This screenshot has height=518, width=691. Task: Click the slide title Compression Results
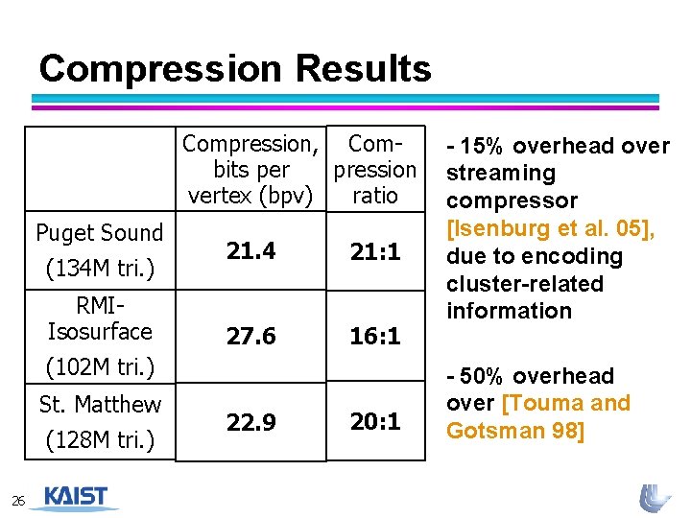[x=235, y=69]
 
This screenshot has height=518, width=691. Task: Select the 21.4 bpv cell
[x=250, y=251]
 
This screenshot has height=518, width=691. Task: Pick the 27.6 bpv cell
[x=250, y=337]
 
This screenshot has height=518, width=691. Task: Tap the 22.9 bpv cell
[x=250, y=421]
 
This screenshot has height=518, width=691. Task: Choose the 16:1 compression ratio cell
[x=374, y=337]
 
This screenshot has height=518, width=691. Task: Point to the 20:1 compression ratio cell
[x=374, y=421]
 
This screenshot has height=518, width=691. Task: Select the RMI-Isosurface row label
[x=100, y=319]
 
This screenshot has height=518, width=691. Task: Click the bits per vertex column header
[x=250, y=170]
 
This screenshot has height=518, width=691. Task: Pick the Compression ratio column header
[x=374, y=170]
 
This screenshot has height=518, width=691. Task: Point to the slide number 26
[x=18, y=501]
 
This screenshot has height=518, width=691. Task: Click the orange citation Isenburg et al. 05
[x=558, y=228]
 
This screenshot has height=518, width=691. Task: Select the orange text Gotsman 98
[x=514, y=431]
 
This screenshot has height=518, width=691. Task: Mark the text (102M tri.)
[x=100, y=366]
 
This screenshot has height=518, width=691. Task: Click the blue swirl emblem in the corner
[x=655, y=497]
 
